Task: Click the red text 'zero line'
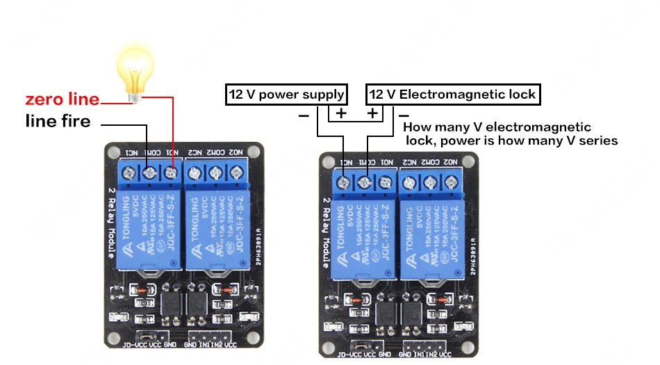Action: (63, 99)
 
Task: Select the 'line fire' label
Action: (58, 122)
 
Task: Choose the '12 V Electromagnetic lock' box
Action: (452, 95)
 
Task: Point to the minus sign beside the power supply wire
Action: (304, 115)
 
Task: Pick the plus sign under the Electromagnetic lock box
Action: (373, 113)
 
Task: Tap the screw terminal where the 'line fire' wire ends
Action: (149, 172)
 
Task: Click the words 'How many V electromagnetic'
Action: (497, 127)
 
